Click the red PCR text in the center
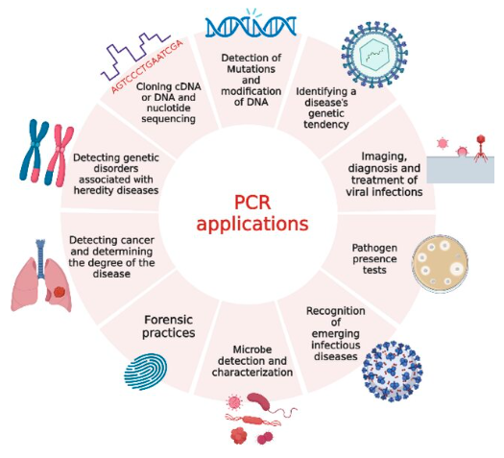coord(252,203)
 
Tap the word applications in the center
coord(252,224)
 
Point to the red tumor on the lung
coord(60,292)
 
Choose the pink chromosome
coord(59,155)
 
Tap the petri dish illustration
coord(440,264)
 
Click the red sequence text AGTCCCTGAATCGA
coord(147,66)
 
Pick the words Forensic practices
coord(169,325)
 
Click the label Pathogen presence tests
coord(374,258)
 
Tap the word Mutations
coord(251,69)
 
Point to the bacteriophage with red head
coord(481,148)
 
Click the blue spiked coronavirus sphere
coord(392,373)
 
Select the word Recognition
coord(336,311)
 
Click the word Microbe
coord(252,350)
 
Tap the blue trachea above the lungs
coord(40,258)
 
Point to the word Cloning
coord(150,86)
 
